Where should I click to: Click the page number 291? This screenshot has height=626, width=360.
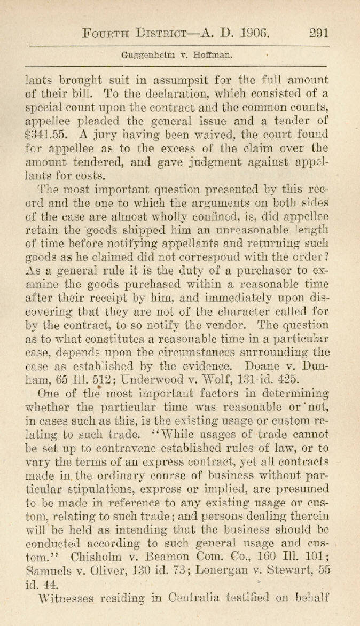click(x=318, y=32)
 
